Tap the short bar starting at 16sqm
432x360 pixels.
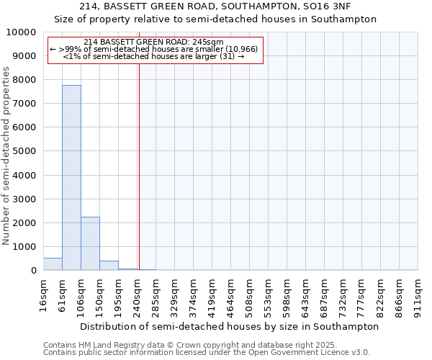(x=53, y=264)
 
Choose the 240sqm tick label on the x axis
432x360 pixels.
(x=138, y=295)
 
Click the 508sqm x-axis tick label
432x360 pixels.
(x=250, y=295)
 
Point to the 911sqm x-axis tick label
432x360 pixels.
(x=418, y=295)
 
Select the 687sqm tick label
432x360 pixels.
(x=325, y=295)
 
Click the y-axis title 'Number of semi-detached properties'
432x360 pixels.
(x=6, y=156)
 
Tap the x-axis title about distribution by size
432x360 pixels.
(x=229, y=326)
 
